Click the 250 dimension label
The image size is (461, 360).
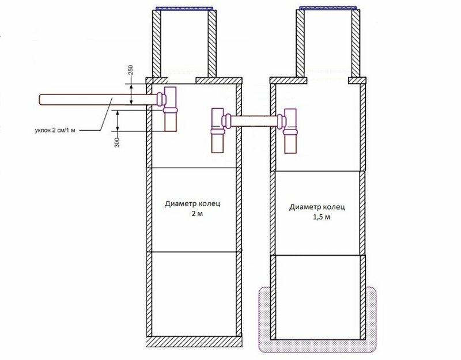pos(131,70)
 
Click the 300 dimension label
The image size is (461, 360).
pos(118,142)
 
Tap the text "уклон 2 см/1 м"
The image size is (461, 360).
pos(55,130)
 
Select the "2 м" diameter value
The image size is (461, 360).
pos(197,214)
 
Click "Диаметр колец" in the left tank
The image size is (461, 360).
pos(192,204)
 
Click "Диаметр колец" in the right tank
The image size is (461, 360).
pos(318,207)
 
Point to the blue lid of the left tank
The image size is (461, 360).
pos(184,9)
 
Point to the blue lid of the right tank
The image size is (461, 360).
pos(328,7)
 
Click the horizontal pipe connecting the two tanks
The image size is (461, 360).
pos(254,121)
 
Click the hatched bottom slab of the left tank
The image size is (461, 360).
pos(194,342)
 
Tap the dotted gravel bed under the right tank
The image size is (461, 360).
pos(318,346)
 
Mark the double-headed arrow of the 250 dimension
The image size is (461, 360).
pos(131,94)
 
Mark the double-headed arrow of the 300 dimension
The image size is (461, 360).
pos(118,120)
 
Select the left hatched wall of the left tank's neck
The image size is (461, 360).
pos(157,44)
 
